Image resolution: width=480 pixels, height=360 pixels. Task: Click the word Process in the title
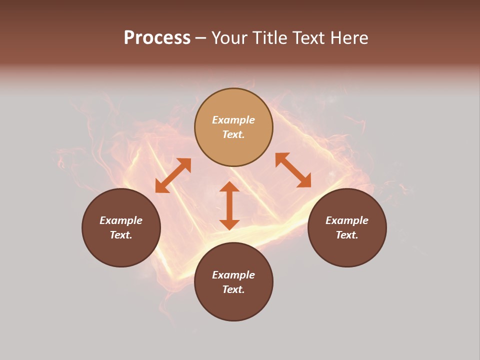[157, 38]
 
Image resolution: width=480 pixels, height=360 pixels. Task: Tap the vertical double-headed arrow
[229, 205]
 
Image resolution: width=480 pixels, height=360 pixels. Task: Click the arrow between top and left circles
[173, 175]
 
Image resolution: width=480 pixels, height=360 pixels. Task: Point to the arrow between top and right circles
[293, 170]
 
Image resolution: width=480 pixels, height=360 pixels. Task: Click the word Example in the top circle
[233, 120]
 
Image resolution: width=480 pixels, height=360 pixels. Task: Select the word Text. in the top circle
[233, 134]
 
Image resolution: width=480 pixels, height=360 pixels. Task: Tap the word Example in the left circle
[121, 220]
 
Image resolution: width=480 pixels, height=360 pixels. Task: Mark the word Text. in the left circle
[121, 235]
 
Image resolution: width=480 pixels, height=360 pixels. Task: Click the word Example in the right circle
[347, 220]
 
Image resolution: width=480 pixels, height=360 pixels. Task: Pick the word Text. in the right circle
[347, 235]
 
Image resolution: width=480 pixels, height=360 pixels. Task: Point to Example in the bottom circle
[233, 275]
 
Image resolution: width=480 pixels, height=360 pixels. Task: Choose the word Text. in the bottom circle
[233, 289]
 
